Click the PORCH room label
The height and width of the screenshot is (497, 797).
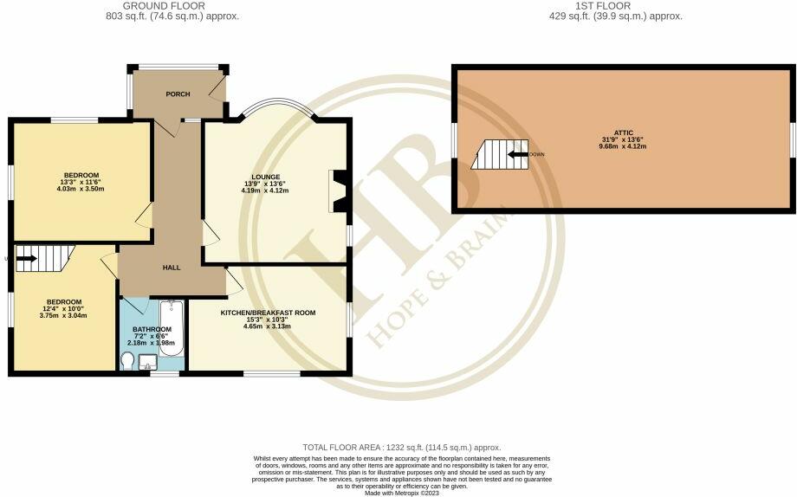(178, 94)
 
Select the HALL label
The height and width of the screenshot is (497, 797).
(172, 268)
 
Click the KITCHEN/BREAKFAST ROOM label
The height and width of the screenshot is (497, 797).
(268, 312)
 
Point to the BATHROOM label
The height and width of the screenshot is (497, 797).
(152, 329)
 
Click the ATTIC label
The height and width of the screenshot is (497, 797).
(623, 132)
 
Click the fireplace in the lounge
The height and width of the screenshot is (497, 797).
(336, 190)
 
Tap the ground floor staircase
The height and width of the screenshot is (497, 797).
(42, 256)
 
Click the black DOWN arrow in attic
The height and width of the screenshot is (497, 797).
(518, 155)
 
